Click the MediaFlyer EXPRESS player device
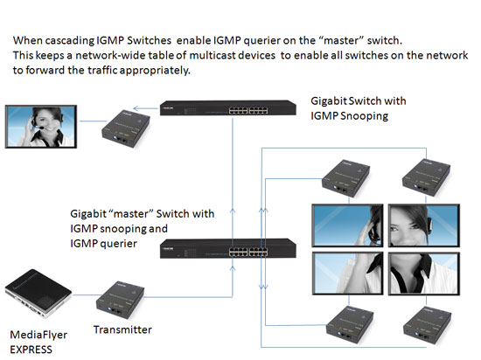38,294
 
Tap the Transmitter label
122,329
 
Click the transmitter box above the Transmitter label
121,300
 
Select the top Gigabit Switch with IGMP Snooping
228,107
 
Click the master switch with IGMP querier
228,248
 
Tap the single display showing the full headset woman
41,127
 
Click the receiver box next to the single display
126,128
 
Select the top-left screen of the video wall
347,225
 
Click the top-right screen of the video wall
424,225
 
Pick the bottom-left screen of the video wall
347,273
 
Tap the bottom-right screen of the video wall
424,273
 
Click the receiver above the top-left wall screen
345,178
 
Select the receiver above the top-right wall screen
427,177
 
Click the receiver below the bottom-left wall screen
350,324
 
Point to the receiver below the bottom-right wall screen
428,325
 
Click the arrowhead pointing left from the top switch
136,108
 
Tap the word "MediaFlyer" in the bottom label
38,335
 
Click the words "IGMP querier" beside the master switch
104,244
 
